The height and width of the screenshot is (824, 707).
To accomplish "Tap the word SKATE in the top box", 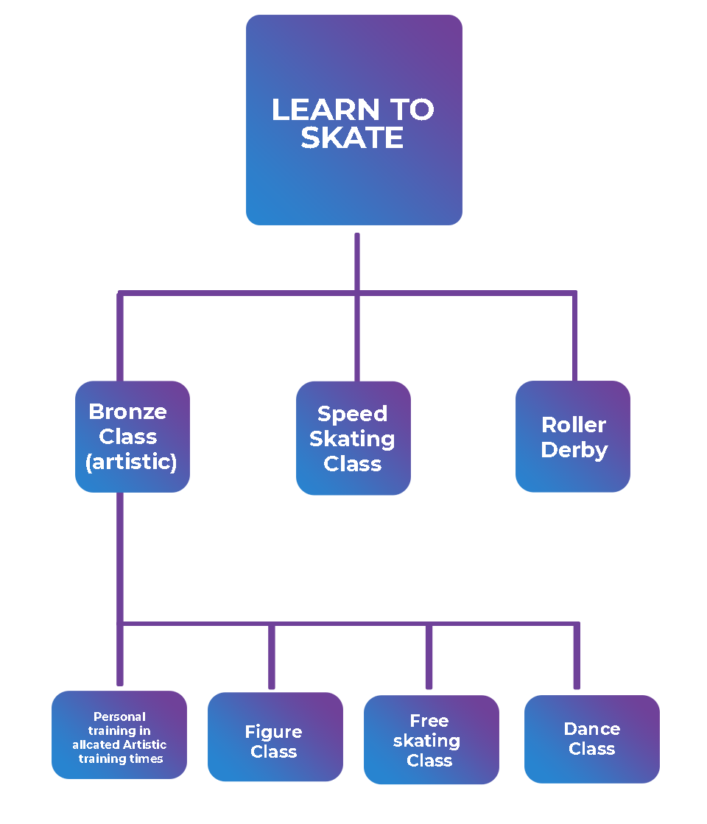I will [352, 138].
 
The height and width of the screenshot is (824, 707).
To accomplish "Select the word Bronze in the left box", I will [127, 412].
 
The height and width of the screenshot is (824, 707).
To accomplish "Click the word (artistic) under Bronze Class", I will [131, 462].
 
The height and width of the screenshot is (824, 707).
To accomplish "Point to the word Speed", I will [352, 414].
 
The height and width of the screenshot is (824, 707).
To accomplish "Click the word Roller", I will [574, 425].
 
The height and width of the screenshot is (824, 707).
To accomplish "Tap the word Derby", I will [574, 450].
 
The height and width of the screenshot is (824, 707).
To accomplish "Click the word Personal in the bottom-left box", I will [119, 716].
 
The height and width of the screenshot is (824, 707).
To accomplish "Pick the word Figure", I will [273, 732].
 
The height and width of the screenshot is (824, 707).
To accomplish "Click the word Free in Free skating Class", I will [429, 721].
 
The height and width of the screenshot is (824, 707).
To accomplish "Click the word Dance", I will [591, 729].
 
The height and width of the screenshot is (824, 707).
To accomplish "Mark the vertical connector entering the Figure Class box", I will [272, 659].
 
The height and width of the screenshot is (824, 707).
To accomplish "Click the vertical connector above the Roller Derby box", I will [574, 339].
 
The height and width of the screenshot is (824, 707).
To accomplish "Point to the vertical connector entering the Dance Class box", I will [577, 659].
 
